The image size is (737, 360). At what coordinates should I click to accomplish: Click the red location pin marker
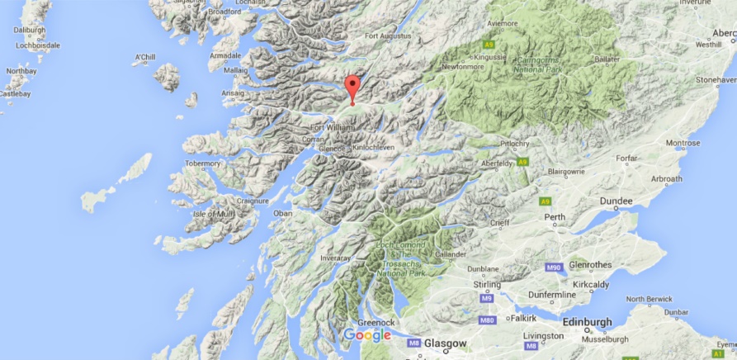click(352, 88)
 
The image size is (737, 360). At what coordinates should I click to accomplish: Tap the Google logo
click(366, 334)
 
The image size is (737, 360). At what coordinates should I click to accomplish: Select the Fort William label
click(333, 128)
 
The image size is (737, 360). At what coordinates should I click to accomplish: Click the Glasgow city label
click(445, 343)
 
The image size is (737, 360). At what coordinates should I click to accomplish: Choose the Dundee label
click(616, 201)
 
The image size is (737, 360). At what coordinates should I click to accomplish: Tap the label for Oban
click(283, 213)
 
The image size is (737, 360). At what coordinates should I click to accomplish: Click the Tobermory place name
click(203, 163)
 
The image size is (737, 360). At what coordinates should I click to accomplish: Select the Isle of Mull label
click(215, 214)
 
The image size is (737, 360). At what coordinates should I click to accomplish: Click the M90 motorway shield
click(554, 268)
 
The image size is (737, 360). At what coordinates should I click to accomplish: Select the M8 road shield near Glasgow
click(413, 342)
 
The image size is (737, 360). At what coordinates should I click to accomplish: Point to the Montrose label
click(683, 143)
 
